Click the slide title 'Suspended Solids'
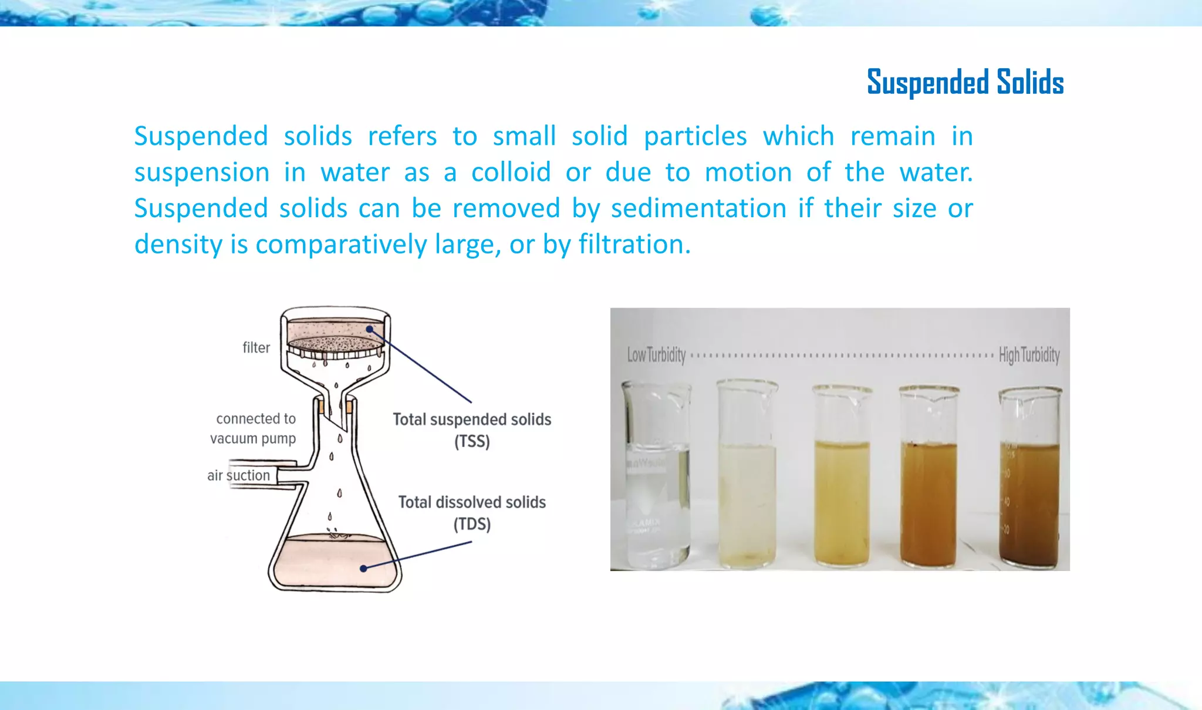(965, 82)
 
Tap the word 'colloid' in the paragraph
(511, 173)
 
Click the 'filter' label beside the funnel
(256, 348)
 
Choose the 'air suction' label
(238, 475)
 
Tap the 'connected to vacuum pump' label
(254, 428)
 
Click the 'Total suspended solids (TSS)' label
(472, 430)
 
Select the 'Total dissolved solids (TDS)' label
(472, 512)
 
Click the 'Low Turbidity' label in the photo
(656, 355)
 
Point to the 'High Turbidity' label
(1029, 355)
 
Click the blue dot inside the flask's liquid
(363, 568)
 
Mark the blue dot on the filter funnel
(369, 329)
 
